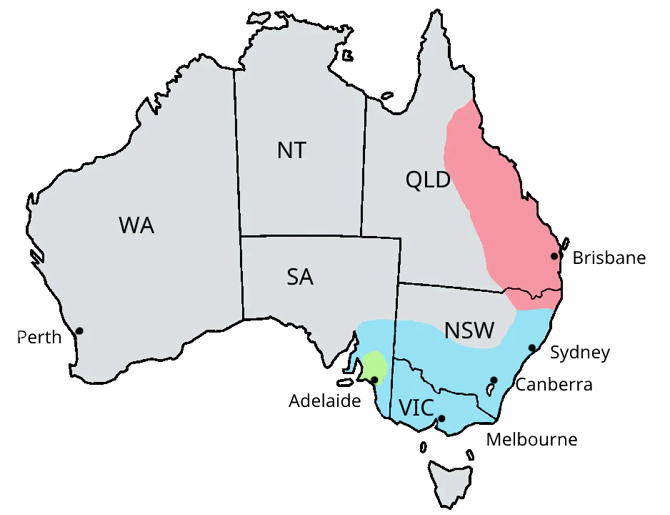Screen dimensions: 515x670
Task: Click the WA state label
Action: (x=136, y=225)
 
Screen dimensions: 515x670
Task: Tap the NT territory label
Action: (x=291, y=150)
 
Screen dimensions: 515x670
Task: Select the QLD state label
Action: (x=428, y=180)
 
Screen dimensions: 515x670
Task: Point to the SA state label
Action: (x=300, y=277)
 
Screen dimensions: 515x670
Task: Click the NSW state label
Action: (x=469, y=330)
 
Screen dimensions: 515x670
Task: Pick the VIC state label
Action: (x=416, y=408)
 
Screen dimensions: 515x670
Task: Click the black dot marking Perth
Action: (x=79, y=330)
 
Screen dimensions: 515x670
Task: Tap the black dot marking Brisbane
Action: (x=554, y=256)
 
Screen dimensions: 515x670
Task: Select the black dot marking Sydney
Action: (x=532, y=348)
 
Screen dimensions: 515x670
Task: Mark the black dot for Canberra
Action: (x=494, y=380)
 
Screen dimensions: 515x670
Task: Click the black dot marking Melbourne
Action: (x=441, y=418)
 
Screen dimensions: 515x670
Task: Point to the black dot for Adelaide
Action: (x=375, y=379)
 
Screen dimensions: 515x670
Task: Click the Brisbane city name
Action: (x=609, y=257)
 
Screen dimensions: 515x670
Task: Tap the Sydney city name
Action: (x=580, y=353)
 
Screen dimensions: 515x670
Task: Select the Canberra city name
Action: (x=554, y=385)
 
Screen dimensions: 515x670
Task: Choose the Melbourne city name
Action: (x=531, y=439)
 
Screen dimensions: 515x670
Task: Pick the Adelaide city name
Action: (x=325, y=401)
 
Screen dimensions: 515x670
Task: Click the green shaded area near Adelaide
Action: (x=374, y=366)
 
